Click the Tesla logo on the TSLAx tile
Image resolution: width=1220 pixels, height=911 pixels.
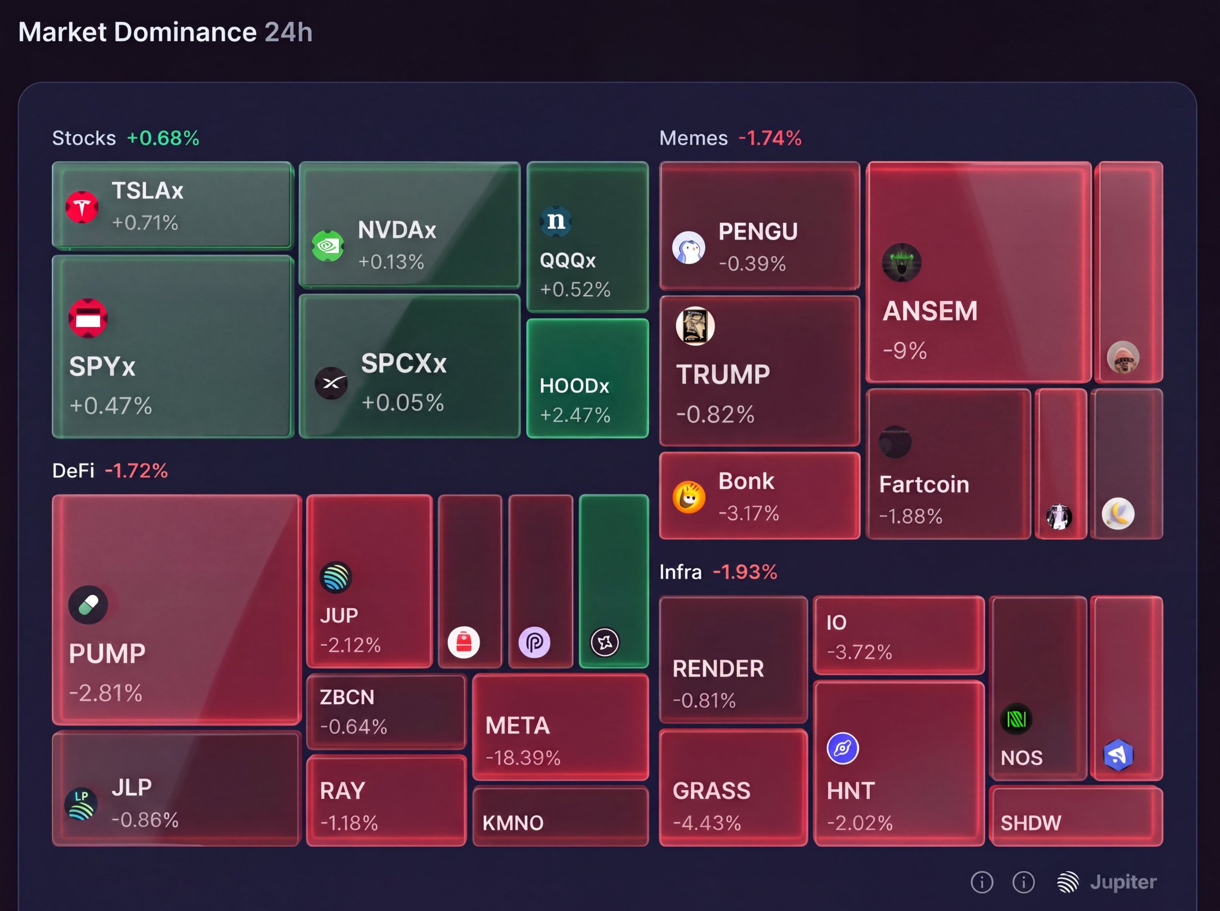82,207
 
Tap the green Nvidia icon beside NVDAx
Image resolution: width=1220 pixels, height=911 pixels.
328,245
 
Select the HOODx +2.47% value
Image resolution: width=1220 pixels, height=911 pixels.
575,415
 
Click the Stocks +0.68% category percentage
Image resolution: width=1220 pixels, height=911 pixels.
163,138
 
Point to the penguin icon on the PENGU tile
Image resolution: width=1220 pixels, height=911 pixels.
689,247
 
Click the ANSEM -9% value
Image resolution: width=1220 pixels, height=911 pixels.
905,350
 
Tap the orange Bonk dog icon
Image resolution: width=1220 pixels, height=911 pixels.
689,497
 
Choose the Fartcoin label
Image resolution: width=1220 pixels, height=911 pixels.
924,484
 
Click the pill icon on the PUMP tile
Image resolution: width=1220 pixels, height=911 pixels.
88,605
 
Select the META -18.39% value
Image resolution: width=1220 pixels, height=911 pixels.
523,758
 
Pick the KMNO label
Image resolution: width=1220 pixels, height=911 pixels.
513,823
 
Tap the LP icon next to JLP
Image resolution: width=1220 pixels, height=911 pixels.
81,804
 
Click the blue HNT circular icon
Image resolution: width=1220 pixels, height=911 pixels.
843,748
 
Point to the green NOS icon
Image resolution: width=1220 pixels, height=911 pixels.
1016,719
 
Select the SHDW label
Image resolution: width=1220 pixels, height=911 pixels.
1031,823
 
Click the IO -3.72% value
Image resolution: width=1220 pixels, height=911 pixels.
860,652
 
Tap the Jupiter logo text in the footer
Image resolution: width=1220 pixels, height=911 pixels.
1123,882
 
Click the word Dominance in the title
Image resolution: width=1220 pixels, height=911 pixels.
185,32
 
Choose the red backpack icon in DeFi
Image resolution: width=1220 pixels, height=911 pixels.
463,642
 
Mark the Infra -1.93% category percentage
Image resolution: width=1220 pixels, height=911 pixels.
745,572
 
